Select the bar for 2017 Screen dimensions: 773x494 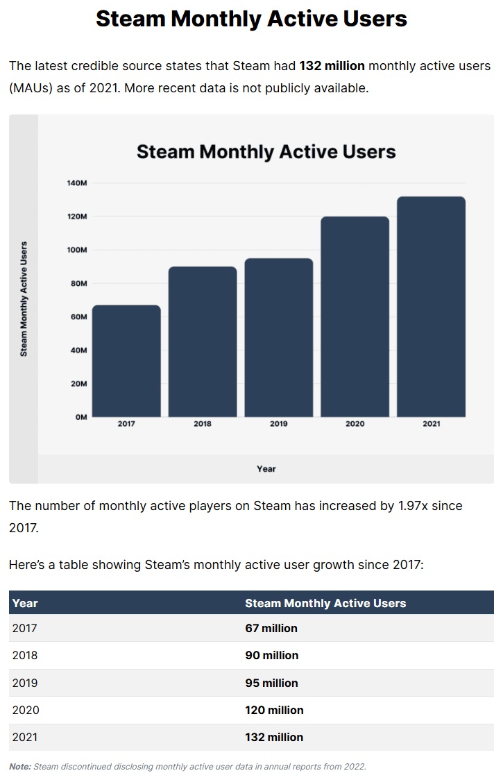(x=126, y=361)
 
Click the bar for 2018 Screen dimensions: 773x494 (x=203, y=341)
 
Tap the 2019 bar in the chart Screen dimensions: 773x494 (x=279, y=337)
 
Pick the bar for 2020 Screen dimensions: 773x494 (x=355, y=316)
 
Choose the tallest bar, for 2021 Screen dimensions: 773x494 (x=431, y=307)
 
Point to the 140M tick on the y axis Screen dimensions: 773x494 (x=77, y=183)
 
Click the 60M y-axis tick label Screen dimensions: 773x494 (x=78, y=316)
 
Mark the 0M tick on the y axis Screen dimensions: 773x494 (x=80, y=417)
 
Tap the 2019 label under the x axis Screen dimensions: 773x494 (x=279, y=424)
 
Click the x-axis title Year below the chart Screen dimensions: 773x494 (x=266, y=469)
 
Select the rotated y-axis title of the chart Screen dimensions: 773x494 (x=24, y=299)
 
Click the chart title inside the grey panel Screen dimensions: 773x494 (x=266, y=152)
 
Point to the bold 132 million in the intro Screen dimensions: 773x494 (x=332, y=66)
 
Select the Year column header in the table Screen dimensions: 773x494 (x=25, y=603)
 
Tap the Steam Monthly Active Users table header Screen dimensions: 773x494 (x=325, y=603)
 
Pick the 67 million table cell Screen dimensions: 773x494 (x=271, y=628)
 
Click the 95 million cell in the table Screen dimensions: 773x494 (x=271, y=683)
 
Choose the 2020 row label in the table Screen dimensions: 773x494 (x=25, y=710)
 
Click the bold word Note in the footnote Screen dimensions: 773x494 (x=20, y=766)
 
